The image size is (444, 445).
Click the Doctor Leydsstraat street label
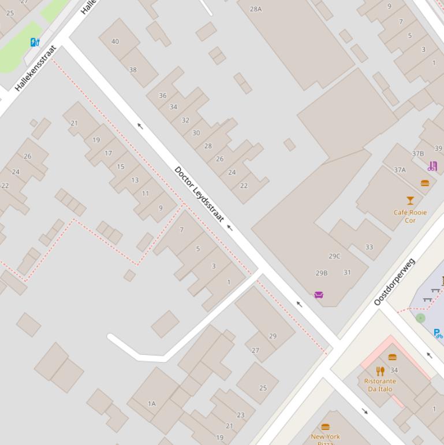point(199,194)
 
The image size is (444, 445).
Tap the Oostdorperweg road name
point(394,282)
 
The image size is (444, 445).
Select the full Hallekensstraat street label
point(36,68)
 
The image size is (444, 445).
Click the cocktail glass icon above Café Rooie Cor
point(410,201)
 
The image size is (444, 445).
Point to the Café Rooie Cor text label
point(410,216)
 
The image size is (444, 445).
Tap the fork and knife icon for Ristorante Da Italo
point(380,371)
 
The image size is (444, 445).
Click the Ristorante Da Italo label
point(380,385)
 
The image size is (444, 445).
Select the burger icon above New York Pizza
point(325,427)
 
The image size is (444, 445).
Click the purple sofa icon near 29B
point(318,295)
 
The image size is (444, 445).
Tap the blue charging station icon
point(35,42)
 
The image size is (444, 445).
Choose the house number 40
point(115,41)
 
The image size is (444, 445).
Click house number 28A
point(256,9)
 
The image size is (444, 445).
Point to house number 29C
point(334,256)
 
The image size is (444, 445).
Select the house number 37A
point(400,170)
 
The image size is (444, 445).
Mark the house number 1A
point(152,404)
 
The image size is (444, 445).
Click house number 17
point(108,153)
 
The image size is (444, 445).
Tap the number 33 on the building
point(369,247)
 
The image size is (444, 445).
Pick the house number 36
point(162,95)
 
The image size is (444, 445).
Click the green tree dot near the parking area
point(420,318)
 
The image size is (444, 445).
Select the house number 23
point(240,414)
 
